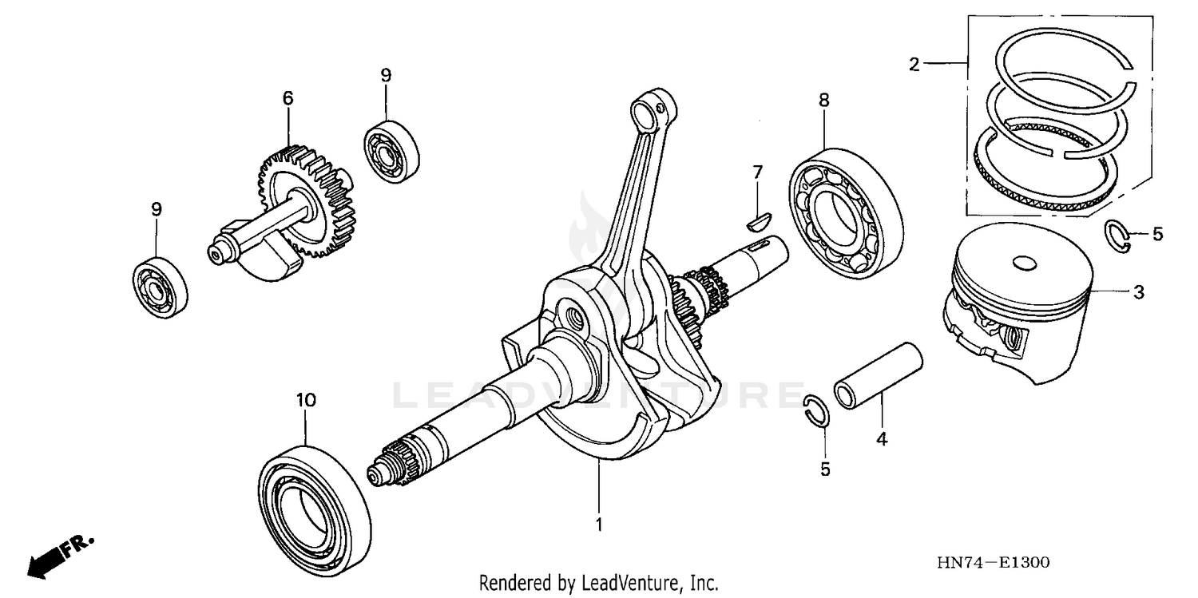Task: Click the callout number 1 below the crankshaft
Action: [598, 525]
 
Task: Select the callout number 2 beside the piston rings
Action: [914, 65]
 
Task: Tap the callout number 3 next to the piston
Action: [1138, 292]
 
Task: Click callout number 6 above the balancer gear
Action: [288, 98]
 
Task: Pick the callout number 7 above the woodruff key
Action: [757, 171]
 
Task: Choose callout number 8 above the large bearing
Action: [823, 100]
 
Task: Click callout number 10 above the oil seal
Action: [306, 399]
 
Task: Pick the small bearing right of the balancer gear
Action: [392, 152]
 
